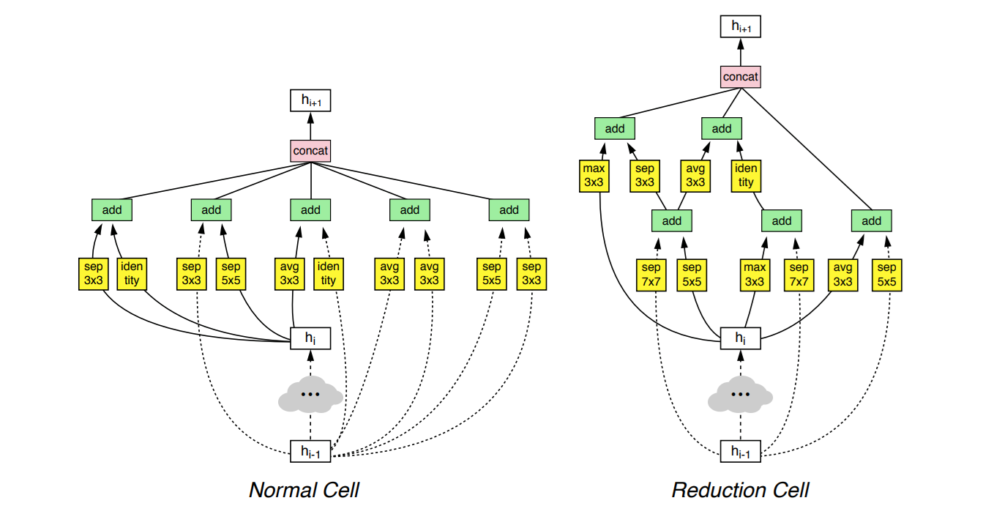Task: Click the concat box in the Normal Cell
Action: (311, 151)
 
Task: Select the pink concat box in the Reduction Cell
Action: (741, 76)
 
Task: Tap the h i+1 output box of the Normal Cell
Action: (311, 100)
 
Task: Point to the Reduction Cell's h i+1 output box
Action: (741, 26)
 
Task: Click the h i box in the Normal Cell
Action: (310, 338)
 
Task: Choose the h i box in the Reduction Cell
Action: (741, 338)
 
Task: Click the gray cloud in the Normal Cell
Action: (310, 395)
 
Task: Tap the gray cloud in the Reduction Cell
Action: (741, 395)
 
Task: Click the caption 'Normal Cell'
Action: (304, 489)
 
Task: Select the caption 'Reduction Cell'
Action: (740, 489)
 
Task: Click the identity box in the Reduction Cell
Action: (746, 176)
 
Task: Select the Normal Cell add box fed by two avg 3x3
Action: (410, 210)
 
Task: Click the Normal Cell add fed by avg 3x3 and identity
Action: (310, 210)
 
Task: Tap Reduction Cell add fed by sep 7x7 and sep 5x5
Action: (671, 220)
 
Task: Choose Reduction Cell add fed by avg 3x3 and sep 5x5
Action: (872, 220)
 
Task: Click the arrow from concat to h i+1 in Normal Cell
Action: (311, 125)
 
